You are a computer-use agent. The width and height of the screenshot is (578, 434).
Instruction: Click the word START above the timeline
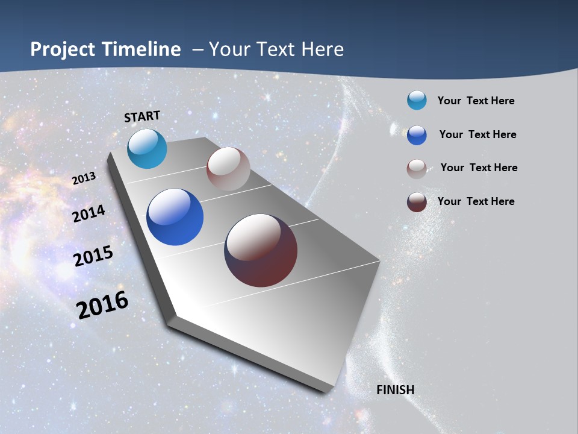point(142,116)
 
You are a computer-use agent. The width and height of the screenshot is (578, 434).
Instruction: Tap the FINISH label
point(396,390)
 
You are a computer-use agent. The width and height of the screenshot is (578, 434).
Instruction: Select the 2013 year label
point(84,178)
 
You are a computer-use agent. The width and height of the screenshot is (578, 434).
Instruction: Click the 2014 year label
point(89,213)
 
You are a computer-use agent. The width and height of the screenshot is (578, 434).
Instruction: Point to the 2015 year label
point(93,256)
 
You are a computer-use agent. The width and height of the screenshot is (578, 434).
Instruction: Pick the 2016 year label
point(103,304)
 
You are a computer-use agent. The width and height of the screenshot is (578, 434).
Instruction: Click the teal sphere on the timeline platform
point(147,149)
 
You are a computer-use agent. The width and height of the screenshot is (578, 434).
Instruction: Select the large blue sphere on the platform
point(175,217)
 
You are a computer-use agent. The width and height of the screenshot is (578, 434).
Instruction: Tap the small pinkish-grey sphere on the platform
point(228,169)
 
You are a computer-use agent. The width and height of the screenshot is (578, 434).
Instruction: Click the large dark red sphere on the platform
point(261,250)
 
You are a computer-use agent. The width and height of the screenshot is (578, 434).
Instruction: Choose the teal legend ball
point(417,101)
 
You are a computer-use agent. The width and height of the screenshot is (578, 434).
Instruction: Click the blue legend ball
point(417,135)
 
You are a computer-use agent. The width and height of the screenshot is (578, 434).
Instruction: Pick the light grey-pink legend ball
point(417,169)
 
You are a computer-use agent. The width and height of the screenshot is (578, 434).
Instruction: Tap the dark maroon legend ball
point(417,202)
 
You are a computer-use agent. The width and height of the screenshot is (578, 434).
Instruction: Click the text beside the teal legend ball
point(476,101)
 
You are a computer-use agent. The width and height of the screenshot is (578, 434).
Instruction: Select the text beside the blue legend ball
point(477,134)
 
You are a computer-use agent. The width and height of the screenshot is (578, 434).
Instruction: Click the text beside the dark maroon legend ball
point(476,201)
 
